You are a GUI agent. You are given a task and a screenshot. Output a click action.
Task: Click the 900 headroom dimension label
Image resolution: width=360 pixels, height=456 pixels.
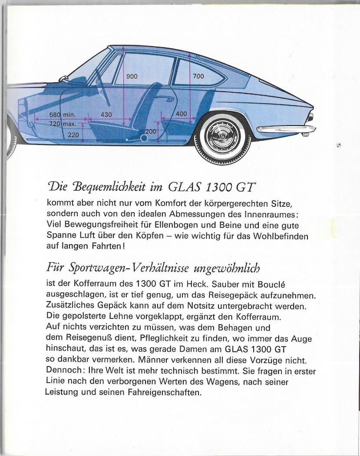(x=132, y=76)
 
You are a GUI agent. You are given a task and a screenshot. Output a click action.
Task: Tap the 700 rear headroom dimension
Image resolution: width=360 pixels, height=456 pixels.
(x=198, y=76)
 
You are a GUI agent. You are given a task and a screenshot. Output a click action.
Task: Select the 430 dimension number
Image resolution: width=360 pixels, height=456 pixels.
(x=106, y=115)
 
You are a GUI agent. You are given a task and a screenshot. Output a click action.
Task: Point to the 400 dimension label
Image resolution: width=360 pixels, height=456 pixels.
(x=181, y=114)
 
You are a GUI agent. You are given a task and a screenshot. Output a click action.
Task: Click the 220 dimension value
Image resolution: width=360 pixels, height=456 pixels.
(x=73, y=135)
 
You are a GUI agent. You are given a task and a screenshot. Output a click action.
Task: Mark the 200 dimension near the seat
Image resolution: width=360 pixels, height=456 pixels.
(x=150, y=131)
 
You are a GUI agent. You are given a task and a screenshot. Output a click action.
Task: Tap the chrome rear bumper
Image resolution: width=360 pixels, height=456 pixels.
(x=287, y=129)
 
